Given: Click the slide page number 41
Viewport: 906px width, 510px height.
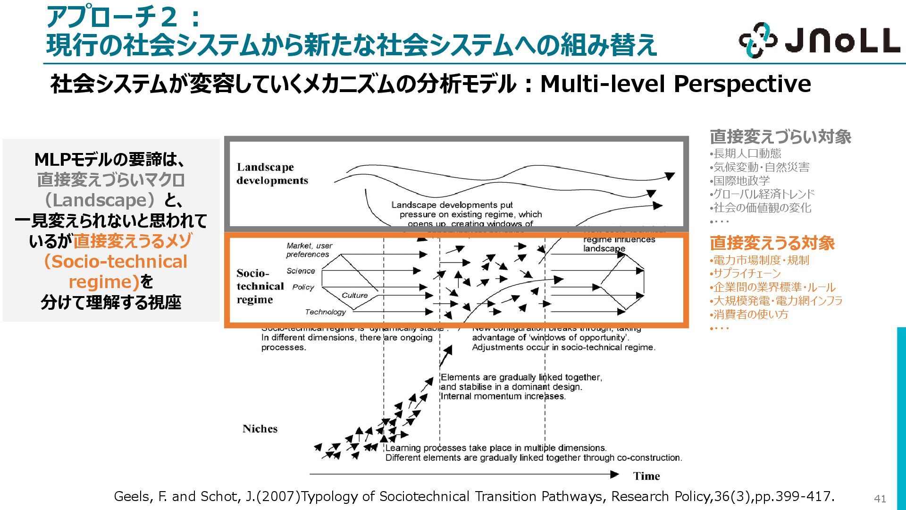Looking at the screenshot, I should tap(880, 498).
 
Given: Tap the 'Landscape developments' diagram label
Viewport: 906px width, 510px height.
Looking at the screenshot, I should tap(272, 174).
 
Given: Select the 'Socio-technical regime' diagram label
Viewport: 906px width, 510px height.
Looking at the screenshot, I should tap(260, 286).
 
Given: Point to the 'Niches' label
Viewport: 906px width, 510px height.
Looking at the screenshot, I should tap(260, 429).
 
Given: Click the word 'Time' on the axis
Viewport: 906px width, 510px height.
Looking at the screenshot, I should tap(646, 476).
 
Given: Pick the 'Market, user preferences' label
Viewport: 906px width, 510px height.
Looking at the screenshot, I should tap(309, 250).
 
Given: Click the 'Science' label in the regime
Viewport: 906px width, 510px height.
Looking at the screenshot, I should tap(301, 271).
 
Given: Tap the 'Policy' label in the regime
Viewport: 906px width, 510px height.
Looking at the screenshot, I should tap(303, 287).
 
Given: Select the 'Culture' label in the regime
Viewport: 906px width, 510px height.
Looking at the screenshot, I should tap(354, 296).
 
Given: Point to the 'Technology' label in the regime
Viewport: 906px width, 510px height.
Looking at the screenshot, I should tap(325, 312).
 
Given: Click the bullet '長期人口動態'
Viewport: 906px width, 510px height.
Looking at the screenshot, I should tap(747, 153).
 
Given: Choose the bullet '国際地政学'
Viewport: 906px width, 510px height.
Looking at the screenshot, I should tap(741, 180).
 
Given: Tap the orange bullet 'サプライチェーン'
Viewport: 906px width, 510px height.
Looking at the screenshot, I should tap(747, 273).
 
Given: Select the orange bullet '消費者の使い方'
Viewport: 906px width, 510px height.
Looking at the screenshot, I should tap(751, 314).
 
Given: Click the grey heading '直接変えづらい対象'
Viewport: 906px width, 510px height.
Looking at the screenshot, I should tap(780, 137).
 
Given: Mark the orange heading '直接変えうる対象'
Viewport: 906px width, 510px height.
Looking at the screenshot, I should tap(772, 243).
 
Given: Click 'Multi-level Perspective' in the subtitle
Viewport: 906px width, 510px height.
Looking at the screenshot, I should tap(675, 84).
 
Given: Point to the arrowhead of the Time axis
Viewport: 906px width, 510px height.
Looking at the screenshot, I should tap(614, 474).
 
